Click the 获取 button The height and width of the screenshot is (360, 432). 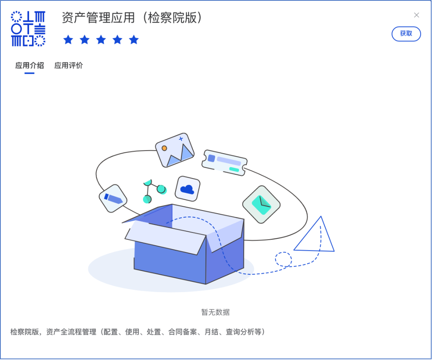(406, 34)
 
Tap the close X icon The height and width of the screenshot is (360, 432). (416, 15)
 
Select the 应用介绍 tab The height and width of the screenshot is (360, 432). (30, 65)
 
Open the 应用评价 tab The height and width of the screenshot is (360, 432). (69, 65)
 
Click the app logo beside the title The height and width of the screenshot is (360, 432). (28, 29)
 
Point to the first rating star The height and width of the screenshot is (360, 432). (68, 40)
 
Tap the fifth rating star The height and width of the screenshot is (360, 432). (134, 40)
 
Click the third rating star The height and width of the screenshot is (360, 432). (101, 40)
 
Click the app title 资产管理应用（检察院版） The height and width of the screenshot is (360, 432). (132, 18)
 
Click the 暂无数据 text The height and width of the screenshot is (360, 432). (216, 312)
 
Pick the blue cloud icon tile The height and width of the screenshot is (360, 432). (188, 189)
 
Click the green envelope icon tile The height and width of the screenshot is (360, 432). (261, 205)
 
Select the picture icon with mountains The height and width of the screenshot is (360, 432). (175, 150)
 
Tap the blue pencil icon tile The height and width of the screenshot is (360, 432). (113, 198)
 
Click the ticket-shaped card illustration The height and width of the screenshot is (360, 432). (224, 162)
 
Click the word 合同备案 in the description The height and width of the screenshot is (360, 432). (182, 332)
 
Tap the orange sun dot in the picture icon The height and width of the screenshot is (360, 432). (164, 148)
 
